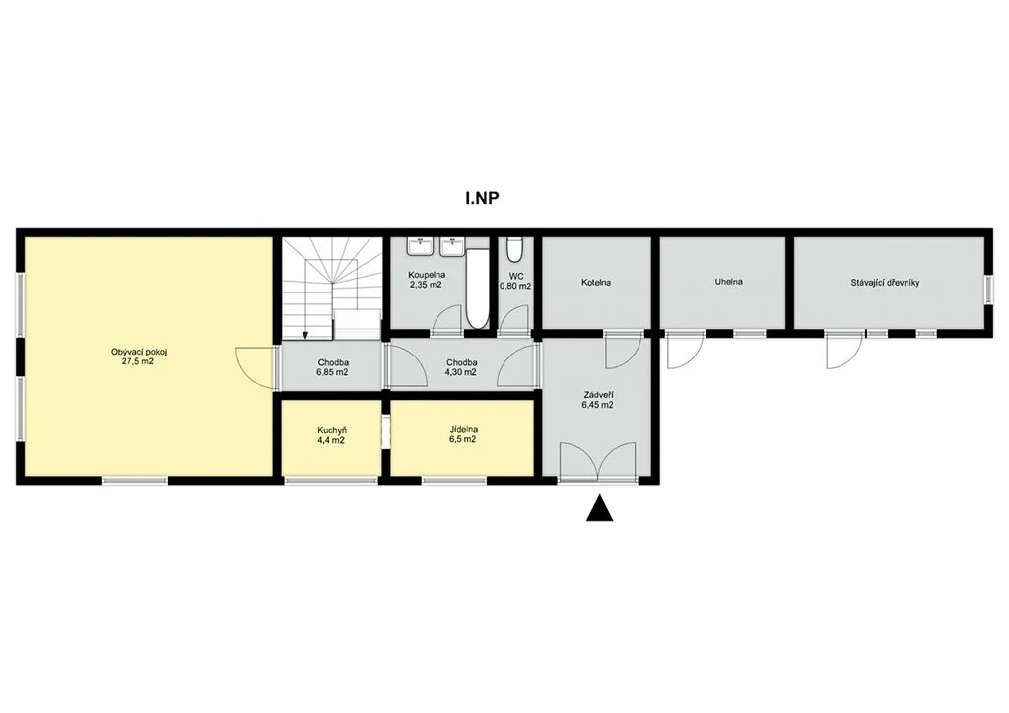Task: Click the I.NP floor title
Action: pyautogui.click(x=482, y=198)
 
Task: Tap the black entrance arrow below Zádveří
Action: pyautogui.click(x=600, y=508)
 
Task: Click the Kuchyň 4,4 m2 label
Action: pyautogui.click(x=332, y=435)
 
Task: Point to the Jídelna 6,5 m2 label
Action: pyautogui.click(x=463, y=435)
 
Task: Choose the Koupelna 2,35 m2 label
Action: pyautogui.click(x=427, y=279)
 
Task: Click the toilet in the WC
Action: pyautogui.click(x=514, y=250)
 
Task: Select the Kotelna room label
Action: pyautogui.click(x=596, y=283)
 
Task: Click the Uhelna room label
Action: pyautogui.click(x=728, y=282)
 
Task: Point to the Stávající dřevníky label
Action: pyautogui.click(x=885, y=282)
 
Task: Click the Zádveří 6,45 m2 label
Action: pyautogui.click(x=597, y=400)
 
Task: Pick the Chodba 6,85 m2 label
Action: pyautogui.click(x=332, y=367)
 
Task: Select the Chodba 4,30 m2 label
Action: pyautogui.click(x=461, y=367)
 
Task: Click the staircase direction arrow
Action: pyautogui.click(x=305, y=334)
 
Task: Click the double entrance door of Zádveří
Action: pyautogui.click(x=598, y=461)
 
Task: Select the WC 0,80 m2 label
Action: pyautogui.click(x=515, y=281)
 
